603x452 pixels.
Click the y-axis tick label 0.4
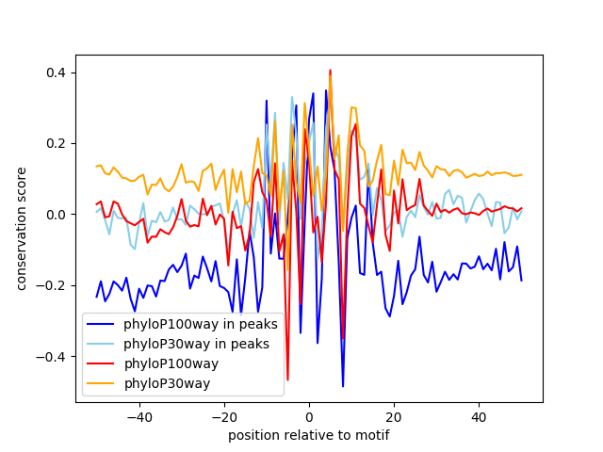click(x=56, y=73)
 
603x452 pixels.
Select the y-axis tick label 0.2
click(x=56, y=143)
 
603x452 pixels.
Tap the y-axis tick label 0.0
click(x=56, y=215)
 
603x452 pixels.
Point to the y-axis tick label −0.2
click(x=53, y=285)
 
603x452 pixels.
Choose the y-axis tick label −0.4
click(x=53, y=357)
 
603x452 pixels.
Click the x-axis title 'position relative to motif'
click(x=309, y=435)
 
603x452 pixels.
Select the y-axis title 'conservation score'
click(x=21, y=215)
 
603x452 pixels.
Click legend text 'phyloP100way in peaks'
click(x=201, y=325)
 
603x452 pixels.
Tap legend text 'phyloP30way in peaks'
click(x=197, y=344)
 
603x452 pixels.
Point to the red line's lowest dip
click(x=287, y=379)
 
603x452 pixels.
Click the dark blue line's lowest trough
click(x=343, y=386)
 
